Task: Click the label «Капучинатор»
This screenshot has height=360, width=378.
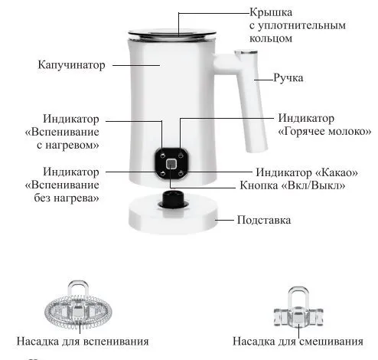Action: pyautogui.click(x=71, y=65)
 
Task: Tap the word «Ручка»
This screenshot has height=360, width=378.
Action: pyautogui.click(x=288, y=77)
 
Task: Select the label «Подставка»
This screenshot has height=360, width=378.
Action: pyautogui.click(x=264, y=220)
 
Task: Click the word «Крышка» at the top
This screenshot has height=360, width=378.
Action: pyautogui.click(x=271, y=12)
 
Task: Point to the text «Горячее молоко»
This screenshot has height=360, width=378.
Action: pyautogui.click(x=324, y=132)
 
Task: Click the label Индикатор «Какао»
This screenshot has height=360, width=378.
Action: pyautogui.click(x=307, y=172)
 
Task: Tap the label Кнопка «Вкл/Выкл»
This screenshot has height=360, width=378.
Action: pyautogui.click(x=292, y=185)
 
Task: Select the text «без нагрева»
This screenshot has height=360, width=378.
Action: pyautogui.click(x=67, y=198)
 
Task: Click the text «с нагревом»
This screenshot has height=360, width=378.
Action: pyautogui.click(x=68, y=146)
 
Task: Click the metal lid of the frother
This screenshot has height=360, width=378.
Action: pyautogui.click(x=172, y=34)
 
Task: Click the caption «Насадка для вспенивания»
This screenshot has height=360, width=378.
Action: pyautogui.click(x=83, y=342)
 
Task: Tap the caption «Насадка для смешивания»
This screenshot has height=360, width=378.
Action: pyautogui.click(x=298, y=342)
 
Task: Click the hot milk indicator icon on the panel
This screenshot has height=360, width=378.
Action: pyautogui.click(x=181, y=155)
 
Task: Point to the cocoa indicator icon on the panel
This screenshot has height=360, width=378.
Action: pyautogui.click(x=181, y=174)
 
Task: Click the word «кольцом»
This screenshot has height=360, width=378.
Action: pyautogui.click(x=271, y=38)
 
